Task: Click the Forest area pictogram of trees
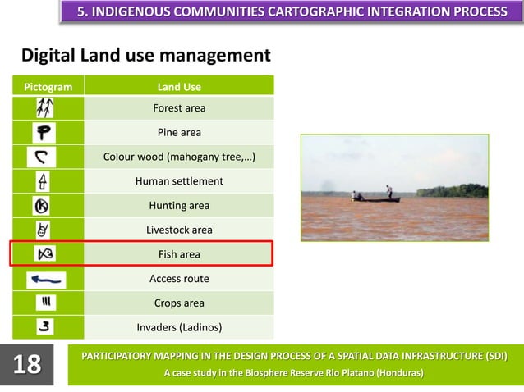click(44, 107)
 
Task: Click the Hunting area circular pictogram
click(43, 206)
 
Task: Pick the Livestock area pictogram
click(43, 230)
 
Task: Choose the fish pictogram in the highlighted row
click(44, 254)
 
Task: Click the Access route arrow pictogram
click(46, 280)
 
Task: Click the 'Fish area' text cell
click(179, 254)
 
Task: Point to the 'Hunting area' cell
click(179, 206)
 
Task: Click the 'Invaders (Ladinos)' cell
click(179, 328)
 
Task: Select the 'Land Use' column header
click(179, 86)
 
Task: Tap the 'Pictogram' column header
click(47, 86)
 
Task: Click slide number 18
click(27, 364)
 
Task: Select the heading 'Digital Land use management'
click(145, 56)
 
